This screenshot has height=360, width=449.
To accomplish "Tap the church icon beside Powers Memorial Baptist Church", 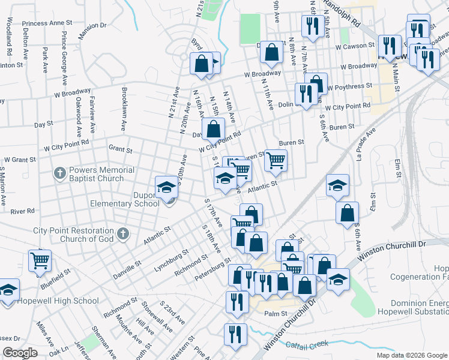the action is click(59, 174).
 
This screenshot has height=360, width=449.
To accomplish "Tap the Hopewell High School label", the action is click(58, 301).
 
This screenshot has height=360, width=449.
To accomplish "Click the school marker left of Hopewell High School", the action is click(8, 291).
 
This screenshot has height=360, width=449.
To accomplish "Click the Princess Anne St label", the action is click(47, 23).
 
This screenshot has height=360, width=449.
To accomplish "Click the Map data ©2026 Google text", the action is click(411, 355).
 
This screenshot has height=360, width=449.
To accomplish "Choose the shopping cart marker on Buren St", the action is click(276, 160).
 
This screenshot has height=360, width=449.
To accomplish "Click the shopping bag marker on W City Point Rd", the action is click(213, 128).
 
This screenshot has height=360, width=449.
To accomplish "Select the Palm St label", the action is click(276, 313).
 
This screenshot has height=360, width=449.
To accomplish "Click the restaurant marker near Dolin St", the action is click(306, 94).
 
